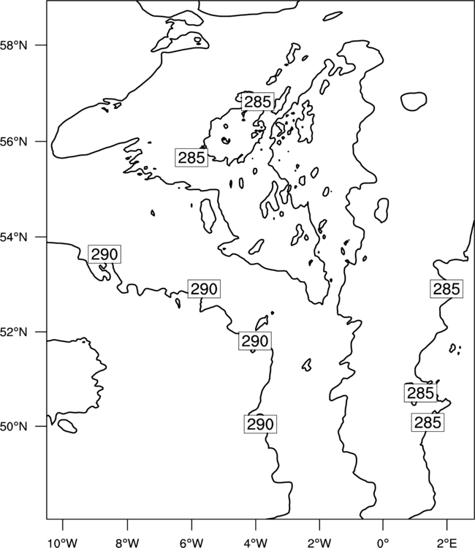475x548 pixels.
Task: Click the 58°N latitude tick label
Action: [x=14, y=45]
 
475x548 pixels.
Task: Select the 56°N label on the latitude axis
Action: [x=14, y=142]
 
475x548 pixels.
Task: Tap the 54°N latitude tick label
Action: [x=14, y=237]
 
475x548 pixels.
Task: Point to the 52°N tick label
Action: [x=14, y=332]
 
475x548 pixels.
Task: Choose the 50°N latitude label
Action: [x=14, y=427]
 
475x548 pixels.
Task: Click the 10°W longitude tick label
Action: [x=63, y=543]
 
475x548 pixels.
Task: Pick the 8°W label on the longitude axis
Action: [x=127, y=543]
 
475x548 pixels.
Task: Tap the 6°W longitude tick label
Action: [x=191, y=543]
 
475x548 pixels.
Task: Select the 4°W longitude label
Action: [x=256, y=543]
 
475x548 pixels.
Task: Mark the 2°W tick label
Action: [x=319, y=543]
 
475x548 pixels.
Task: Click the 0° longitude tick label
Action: [x=383, y=543]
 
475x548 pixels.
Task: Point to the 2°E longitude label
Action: [x=447, y=543]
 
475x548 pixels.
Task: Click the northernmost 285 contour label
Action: [x=258, y=102]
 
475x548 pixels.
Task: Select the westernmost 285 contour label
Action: [x=191, y=158]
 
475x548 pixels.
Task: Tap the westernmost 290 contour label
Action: [x=104, y=254]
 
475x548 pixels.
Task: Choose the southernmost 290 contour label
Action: [x=260, y=425]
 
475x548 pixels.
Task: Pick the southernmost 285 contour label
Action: [x=427, y=422]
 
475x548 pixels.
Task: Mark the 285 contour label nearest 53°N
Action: [x=446, y=289]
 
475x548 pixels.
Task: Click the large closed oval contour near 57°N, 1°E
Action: [x=414, y=102]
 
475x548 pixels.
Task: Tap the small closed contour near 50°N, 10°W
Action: [x=67, y=426]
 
